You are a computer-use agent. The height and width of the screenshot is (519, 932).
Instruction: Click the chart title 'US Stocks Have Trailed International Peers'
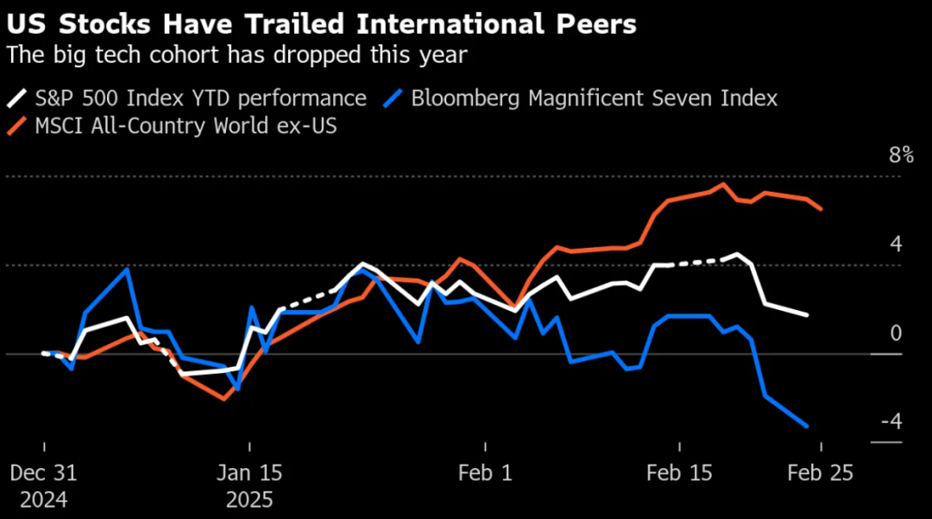tap(321, 23)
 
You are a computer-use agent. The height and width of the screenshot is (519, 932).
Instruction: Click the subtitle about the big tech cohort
tap(236, 54)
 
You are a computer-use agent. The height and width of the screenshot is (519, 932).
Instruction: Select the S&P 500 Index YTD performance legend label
tap(200, 98)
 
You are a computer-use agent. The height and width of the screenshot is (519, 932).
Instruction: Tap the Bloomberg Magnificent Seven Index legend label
tap(594, 98)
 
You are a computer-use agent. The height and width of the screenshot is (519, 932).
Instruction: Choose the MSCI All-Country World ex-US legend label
tap(185, 126)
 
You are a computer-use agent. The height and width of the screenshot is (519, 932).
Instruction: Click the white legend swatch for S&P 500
tap(16, 98)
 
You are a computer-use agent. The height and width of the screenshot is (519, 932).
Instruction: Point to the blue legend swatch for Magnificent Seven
tap(393, 98)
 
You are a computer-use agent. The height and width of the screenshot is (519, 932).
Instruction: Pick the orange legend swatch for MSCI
tap(16, 126)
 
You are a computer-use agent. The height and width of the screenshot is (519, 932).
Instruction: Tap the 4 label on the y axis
tap(896, 245)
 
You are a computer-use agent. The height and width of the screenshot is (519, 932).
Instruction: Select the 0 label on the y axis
tap(896, 334)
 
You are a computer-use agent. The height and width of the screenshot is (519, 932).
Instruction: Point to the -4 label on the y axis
tap(890, 422)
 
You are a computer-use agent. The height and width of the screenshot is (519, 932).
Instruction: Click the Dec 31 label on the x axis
tap(44, 473)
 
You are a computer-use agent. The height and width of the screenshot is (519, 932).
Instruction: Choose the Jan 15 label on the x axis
tap(249, 473)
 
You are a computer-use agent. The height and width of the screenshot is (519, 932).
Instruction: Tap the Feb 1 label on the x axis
tap(485, 473)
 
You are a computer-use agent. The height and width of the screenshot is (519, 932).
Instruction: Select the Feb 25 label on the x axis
tap(821, 473)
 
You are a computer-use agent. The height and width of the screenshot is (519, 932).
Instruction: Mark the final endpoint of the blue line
tap(807, 426)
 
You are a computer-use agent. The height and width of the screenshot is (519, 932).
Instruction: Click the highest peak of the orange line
tap(723, 184)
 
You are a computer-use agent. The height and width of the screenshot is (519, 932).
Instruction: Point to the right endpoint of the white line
tap(807, 315)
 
